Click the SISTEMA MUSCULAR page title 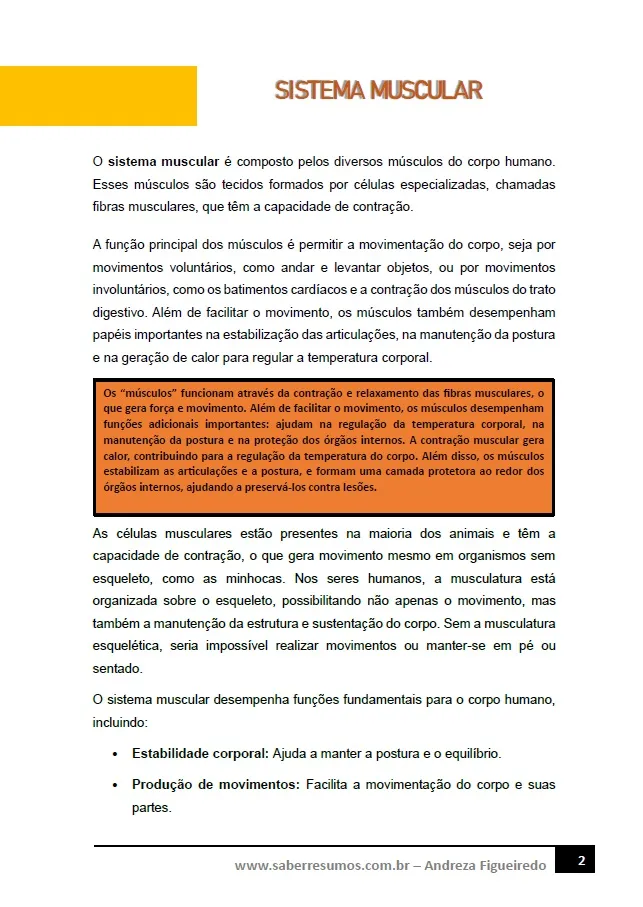click(378, 91)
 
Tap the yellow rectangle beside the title click(98, 95)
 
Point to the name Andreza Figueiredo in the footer click(486, 865)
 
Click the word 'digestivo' click(119, 312)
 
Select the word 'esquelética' click(131, 647)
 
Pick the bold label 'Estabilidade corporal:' click(200, 752)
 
